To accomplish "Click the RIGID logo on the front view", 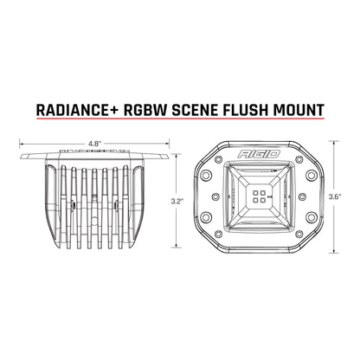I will click(264, 164).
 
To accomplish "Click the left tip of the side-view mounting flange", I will click(18, 156).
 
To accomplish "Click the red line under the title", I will click(180, 123).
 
